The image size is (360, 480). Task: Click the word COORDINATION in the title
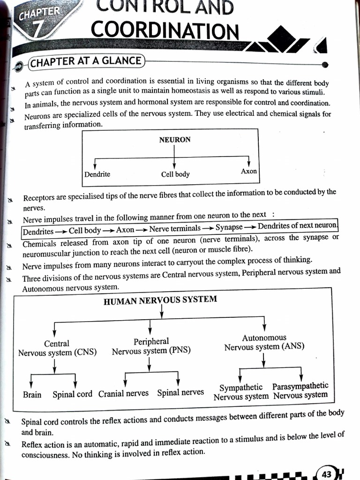coord(165,30)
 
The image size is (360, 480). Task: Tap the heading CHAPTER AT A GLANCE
coord(87,61)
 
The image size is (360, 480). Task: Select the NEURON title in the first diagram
coord(174,140)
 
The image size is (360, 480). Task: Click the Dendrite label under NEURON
coord(97,174)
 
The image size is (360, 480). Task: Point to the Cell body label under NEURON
coord(175,174)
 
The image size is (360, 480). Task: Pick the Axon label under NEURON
coord(249,172)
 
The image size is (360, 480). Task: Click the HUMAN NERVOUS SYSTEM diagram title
coord(160,300)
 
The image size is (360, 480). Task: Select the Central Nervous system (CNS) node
coord(57,348)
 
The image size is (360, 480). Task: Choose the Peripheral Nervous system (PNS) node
coord(151,346)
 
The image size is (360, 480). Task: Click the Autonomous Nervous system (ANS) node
coord(264,343)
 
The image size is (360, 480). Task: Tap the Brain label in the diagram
coord(32,395)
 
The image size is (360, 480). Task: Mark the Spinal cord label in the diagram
coord(72,394)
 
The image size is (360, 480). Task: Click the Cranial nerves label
coord(123,393)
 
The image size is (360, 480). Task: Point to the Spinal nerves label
coord(180,392)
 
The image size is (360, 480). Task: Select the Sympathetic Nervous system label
coord(241,392)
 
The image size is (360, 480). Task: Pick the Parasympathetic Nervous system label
coord(300,390)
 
